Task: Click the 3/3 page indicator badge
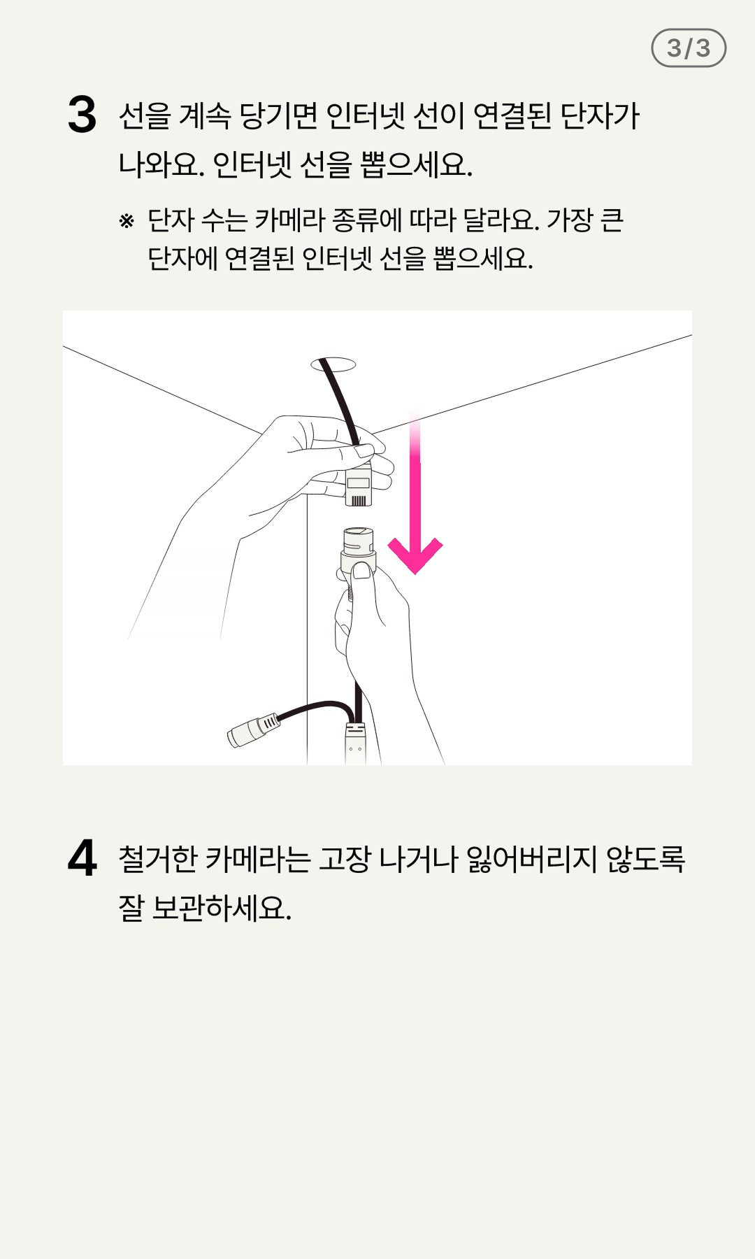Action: click(x=689, y=48)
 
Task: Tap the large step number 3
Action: click(x=82, y=115)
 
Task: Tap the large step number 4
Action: click(x=82, y=858)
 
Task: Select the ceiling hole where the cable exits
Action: click(x=333, y=364)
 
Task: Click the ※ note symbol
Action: click(x=127, y=221)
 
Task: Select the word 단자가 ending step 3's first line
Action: click(x=601, y=115)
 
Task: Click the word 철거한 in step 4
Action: click(x=158, y=858)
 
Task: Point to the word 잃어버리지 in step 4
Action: click(x=531, y=858)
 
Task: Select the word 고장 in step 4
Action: click(x=344, y=858)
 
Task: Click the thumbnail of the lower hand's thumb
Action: click(x=362, y=571)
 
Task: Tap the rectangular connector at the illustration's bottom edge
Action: click(x=355, y=744)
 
